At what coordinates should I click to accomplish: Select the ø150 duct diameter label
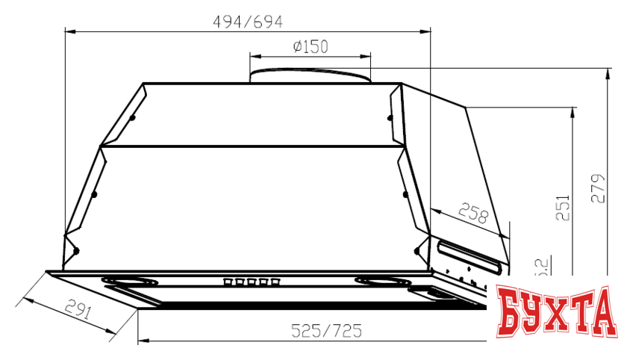tap(311, 47)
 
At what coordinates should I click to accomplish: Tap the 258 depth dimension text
tap(472, 214)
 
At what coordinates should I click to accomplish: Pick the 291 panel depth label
tap(76, 308)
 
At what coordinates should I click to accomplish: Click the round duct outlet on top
tap(310, 75)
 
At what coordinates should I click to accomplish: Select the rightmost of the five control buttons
tap(276, 282)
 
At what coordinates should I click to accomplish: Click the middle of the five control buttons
tap(250, 282)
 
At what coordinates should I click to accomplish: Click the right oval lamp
tap(381, 282)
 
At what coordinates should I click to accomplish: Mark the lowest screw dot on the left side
tap(75, 250)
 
